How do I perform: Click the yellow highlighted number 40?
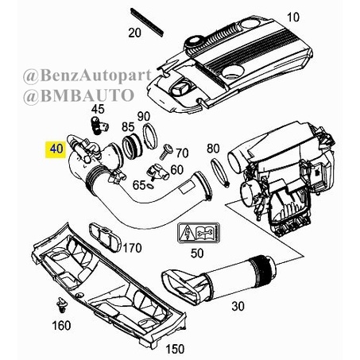point(56,149)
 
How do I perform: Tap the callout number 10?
point(293,17)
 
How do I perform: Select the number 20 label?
point(134,33)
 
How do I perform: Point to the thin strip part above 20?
point(147,22)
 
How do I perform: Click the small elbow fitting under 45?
point(99,125)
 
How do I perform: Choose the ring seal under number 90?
point(150,136)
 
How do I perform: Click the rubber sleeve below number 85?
point(132,146)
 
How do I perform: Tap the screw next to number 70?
point(166,151)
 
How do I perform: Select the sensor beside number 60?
point(158,172)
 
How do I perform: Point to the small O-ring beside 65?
point(149,186)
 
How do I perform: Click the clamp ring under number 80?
point(219,172)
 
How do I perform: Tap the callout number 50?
point(197,253)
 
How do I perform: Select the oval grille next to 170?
point(105,238)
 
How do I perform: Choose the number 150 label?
point(175,349)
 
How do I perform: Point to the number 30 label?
point(238,306)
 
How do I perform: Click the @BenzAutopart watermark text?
point(87,76)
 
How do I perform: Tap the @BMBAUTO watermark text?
point(79,96)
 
